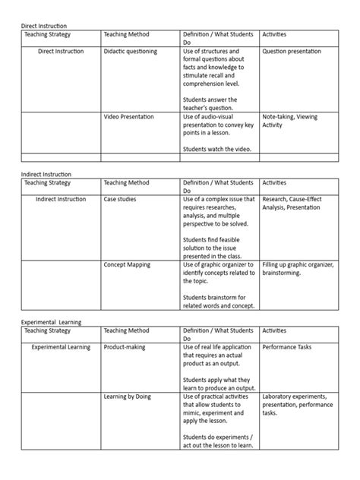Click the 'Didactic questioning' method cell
(131, 52)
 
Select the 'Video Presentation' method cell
(128, 117)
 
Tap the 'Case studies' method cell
(121, 199)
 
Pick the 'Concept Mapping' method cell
(127, 264)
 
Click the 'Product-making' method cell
(126, 347)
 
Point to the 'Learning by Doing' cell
(128, 396)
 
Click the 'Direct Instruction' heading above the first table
(48, 26)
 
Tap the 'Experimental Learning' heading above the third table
(51, 321)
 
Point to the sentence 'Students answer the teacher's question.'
(210, 103)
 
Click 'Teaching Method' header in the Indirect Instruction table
(126, 183)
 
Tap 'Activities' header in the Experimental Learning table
(275, 331)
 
